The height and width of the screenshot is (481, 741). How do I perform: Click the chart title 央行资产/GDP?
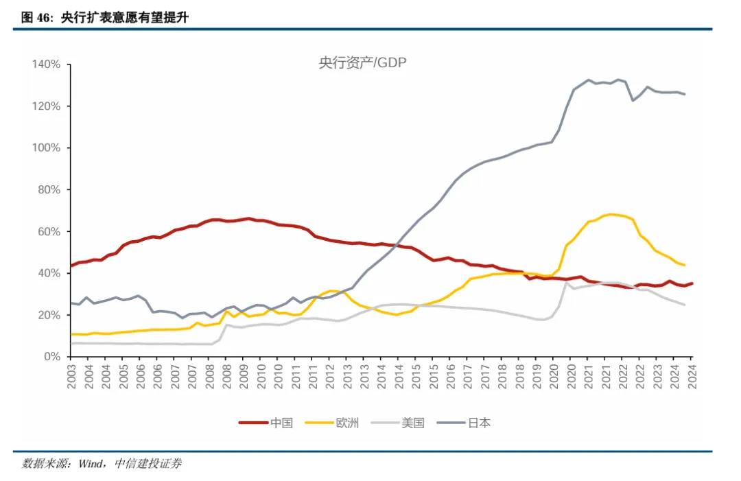tap(363, 62)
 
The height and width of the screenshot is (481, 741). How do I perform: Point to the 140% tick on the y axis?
tap(47, 64)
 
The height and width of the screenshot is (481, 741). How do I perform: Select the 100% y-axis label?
tap(47, 148)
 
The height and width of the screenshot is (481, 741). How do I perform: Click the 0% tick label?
tap(52, 357)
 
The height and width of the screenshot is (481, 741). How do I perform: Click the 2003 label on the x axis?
tap(71, 376)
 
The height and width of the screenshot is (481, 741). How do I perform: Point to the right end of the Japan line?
tap(684, 94)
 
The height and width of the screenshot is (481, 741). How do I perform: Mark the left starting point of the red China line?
tap(71, 266)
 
